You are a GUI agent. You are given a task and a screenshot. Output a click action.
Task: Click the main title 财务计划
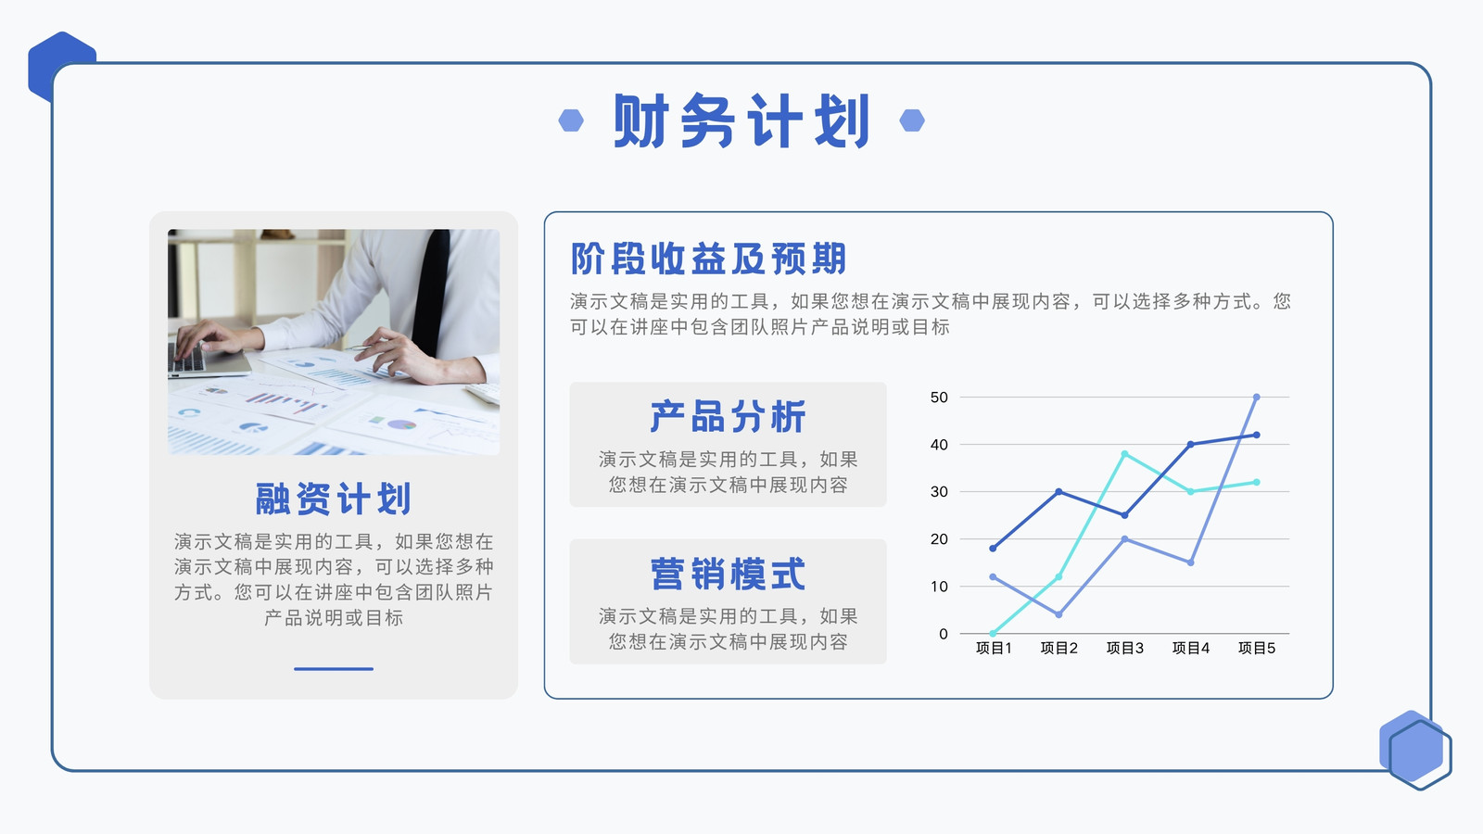(x=741, y=120)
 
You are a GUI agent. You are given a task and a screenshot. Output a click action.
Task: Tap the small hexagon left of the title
(x=571, y=120)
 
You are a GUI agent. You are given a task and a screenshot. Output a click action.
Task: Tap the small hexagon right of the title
(x=912, y=120)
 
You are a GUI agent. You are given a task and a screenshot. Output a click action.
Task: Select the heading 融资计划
(x=333, y=499)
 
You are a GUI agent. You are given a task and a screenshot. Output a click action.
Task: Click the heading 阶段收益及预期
(x=708, y=259)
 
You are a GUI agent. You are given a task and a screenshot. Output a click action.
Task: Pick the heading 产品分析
(x=728, y=416)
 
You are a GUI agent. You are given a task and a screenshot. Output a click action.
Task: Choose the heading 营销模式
(x=728, y=574)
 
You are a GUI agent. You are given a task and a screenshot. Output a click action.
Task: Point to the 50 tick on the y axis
(x=939, y=398)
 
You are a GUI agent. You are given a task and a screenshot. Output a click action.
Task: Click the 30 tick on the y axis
(x=939, y=492)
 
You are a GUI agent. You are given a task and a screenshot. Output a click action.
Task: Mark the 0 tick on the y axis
(x=944, y=634)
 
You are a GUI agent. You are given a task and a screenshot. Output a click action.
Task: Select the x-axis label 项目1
(x=993, y=648)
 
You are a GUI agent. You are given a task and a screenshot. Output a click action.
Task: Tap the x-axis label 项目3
(x=1125, y=648)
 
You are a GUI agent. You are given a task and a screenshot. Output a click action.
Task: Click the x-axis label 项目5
(x=1257, y=648)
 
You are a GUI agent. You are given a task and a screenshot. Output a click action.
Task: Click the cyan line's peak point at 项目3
(x=1125, y=454)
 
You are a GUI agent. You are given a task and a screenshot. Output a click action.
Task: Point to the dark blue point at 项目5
(x=1257, y=435)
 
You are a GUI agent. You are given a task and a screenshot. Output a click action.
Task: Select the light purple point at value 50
(x=1257, y=398)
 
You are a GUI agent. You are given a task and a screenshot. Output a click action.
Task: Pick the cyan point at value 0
(x=993, y=634)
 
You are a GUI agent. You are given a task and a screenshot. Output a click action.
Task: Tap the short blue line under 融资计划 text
(x=334, y=668)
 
